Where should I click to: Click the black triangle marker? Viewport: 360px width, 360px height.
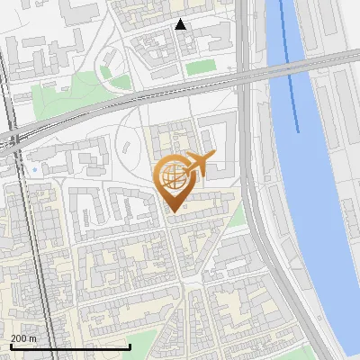click(x=181, y=24)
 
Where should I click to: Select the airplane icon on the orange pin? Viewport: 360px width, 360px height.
click(x=199, y=163)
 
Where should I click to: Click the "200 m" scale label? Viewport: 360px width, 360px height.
click(x=23, y=338)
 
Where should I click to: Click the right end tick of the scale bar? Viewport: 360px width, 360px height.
click(x=130, y=346)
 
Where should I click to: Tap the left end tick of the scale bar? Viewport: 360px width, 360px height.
click(x=10, y=346)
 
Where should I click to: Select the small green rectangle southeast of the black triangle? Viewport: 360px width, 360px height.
click(x=200, y=67)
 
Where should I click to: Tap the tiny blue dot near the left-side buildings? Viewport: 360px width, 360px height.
click(x=34, y=168)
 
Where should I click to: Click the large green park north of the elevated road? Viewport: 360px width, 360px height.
click(x=76, y=90)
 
